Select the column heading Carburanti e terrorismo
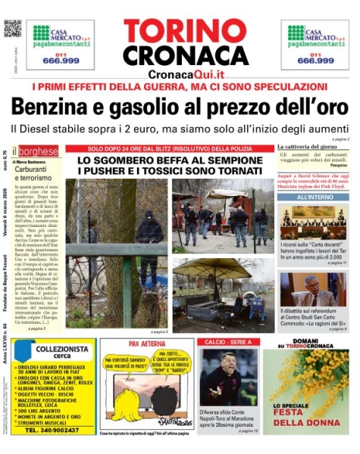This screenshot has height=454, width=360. (x=32, y=173)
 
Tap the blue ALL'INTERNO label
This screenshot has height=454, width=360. (x=312, y=198)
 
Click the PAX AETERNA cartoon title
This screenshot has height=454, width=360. (x=147, y=344)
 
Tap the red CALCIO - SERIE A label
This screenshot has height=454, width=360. (x=225, y=344)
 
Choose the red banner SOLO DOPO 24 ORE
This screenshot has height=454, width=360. (x=169, y=149)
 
